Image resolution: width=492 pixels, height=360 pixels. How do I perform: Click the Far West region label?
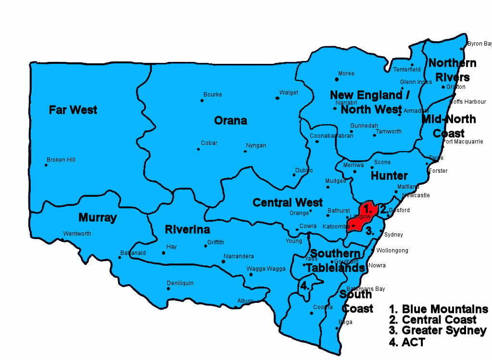pos(73,110)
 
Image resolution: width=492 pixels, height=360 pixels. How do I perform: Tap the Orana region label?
pos(231,120)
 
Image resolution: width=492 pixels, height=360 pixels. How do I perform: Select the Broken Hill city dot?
pos(46,165)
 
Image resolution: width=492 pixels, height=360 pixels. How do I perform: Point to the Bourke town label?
pos(212,95)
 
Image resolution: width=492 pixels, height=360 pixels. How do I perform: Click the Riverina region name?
pos(187,229)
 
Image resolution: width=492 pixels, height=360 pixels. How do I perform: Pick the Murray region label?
pos(98,218)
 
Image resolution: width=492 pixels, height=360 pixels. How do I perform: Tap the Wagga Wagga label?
pos(263,269)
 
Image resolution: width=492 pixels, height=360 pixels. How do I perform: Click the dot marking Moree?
pos(337,79)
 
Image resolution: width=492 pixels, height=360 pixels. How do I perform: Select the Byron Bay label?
pos(480,44)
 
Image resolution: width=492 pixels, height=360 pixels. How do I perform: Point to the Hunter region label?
pos(389,176)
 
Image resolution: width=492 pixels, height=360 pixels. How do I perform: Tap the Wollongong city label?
pos(392,251)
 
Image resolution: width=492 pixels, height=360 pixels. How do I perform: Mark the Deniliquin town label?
pos(180,283)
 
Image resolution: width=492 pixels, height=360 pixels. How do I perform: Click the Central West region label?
pos(288,203)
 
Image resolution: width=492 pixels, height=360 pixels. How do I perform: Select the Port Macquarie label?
pos(463,142)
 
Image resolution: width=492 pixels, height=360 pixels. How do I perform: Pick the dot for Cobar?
pos(198,149)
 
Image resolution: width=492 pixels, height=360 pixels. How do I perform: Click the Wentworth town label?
pos(77,234)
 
